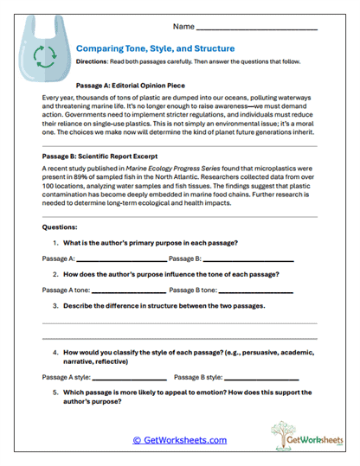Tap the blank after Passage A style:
click(x=129, y=378)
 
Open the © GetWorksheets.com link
click(x=179, y=439)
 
